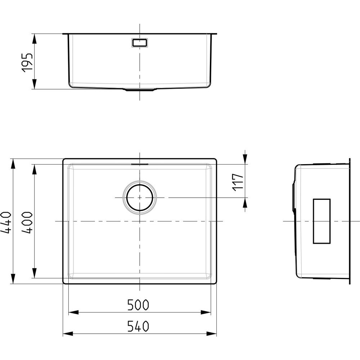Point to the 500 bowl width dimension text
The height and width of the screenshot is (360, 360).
138,305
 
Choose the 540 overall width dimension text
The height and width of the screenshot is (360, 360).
138,326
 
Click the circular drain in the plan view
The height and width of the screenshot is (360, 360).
140,198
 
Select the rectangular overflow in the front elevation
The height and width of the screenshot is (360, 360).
140,43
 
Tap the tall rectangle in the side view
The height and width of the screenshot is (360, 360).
321,221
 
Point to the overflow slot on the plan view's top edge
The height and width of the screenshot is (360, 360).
140,164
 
